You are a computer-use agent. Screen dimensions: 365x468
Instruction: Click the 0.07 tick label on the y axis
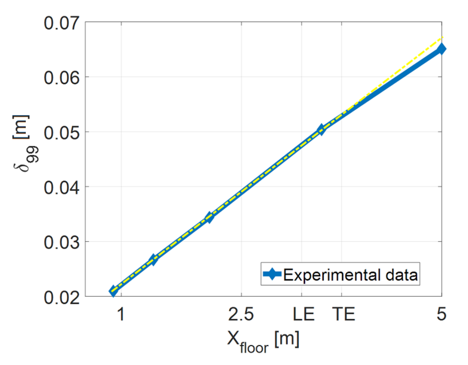pos(62,22)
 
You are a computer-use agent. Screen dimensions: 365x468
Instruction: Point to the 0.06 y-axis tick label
pos(62,77)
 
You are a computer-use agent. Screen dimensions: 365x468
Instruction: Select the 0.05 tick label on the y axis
pos(62,132)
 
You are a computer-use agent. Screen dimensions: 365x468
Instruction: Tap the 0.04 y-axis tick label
pos(62,187)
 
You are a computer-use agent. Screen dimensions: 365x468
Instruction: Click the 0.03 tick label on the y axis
pos(62,242)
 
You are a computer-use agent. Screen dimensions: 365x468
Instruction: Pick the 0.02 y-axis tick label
pos(62,297)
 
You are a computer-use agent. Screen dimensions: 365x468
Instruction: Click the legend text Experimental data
pos(350,275)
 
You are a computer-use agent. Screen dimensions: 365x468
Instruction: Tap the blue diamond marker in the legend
pos(273,275)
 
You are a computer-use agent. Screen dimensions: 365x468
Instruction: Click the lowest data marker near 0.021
pos(113,291)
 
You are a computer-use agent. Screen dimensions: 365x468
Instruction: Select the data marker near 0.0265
pos(153,260)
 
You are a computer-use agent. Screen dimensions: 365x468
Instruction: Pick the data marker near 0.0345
pos(209,217)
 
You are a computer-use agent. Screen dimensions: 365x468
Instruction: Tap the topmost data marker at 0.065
pos(441,49)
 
